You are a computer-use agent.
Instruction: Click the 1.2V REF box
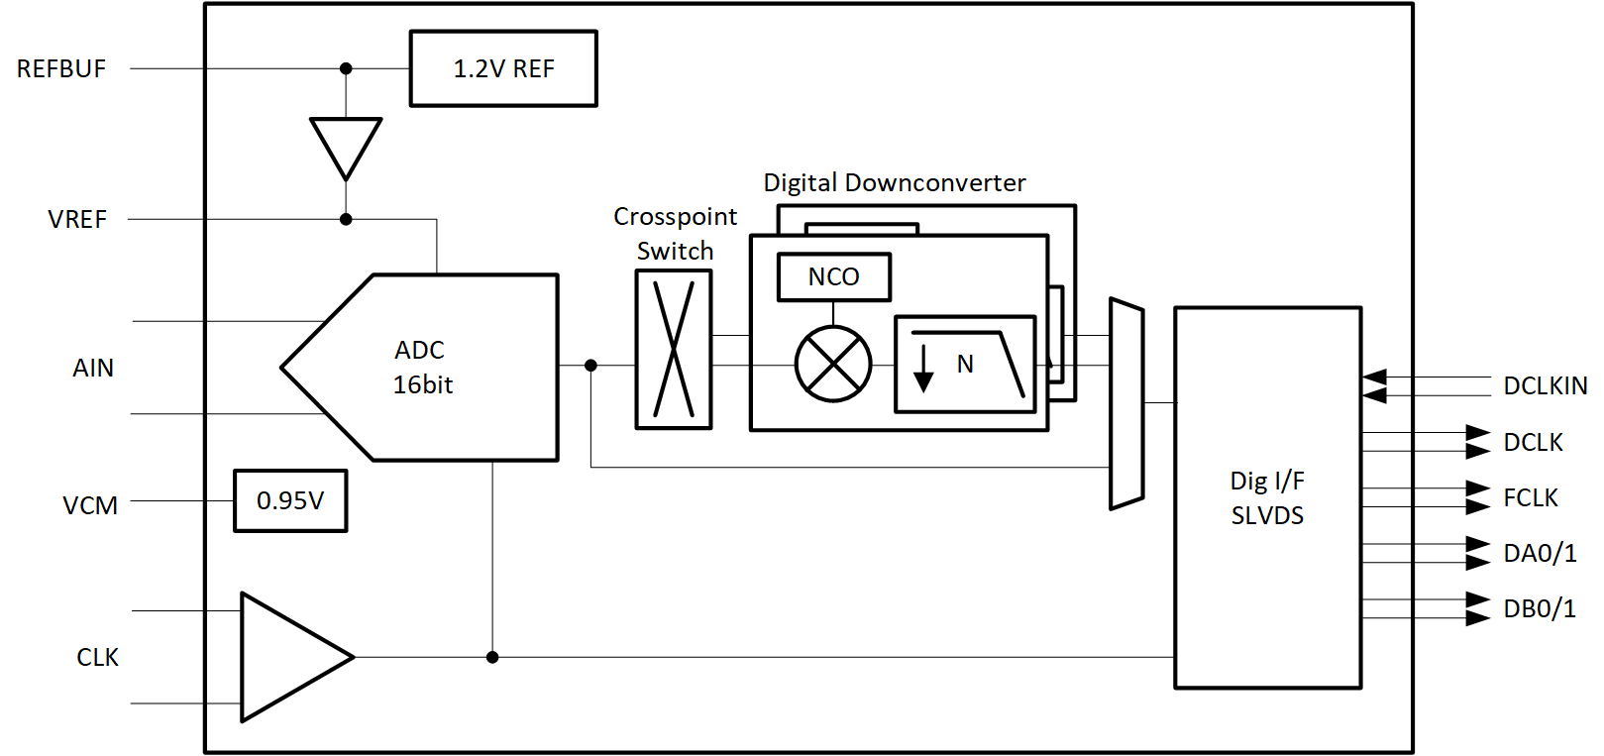pyautogui.click(x=503, y=68)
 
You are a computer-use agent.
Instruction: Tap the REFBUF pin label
pyautogui.click(x=61, y=69)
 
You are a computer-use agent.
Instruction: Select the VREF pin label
pyautogui.click(x=77, y=220)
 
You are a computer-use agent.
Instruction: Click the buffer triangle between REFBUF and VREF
pyautogui.click(x=346, y=144)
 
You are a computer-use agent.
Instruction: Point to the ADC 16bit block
pyautogui.click(x=436, y=368)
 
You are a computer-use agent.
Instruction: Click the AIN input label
pyautogui.click(x=93, y=369)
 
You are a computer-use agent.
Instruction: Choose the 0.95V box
pyautogui.click(x=290, y=501)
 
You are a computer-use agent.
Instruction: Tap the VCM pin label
pyautogui.click(x=90, y=506)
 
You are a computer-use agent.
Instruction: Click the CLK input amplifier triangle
pyautogui.click(x=287, y=657)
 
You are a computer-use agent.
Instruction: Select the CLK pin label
pyautogui.click(x=97, y=658)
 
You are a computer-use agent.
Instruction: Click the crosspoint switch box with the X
pyautogui.click(x=674, y=350)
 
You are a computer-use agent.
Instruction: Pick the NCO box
pyautogui.click(x=834, y=277)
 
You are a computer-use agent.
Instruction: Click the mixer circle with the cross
pyautogui.click(x=833, y=365)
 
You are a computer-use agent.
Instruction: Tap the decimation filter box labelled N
pyautogui.click(x=965, y=365)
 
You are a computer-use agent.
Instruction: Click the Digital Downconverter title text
pyautogui.click(x=894, y=183)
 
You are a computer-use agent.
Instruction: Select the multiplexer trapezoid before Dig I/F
pyautogui.click(x=1126, y=404)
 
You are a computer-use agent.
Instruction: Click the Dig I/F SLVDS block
pyautogui.click(x=1267, y=497)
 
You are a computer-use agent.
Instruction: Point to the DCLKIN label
pyautogui.click(x=1545, y=386)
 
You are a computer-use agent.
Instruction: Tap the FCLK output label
pyautogui.click(x=1531, y=498)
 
